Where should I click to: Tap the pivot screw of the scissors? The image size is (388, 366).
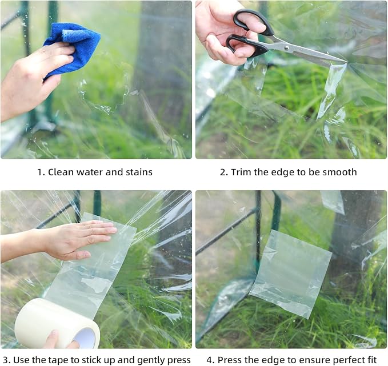click(287, 47)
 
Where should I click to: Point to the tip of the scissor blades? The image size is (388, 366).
click(347, 62)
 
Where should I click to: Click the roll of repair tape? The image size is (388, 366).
click(57, 323)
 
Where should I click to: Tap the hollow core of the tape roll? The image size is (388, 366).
click(84, 338)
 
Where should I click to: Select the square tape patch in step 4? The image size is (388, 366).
click(291, 274)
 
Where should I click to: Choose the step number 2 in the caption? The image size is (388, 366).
click(223, 172)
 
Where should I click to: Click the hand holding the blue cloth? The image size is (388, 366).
click(32, 79)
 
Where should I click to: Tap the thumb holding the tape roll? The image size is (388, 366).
click(53, 338)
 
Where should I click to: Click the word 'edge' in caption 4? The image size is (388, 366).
click(270, 360)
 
